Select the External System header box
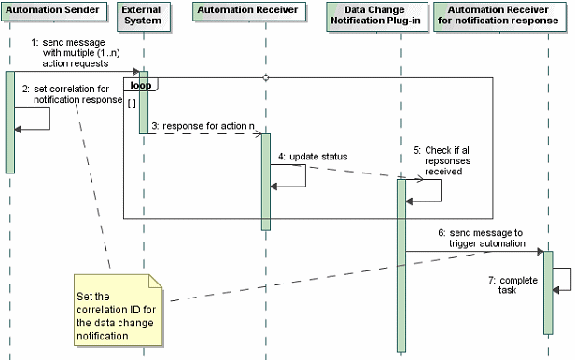pyautogui.click(x=143, y=15)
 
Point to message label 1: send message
pyautogui.click(x=80, y=53)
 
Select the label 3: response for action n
pyautogui.click(x=203, y=125)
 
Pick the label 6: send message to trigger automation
pyautogui.click(x=480, y=237)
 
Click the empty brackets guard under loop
pyautogui.click(x=133, y=104)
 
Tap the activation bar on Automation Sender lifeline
pyautogui.click(x=9, y=122)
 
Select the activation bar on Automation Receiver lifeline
pyautogui.click(x=266, y=181)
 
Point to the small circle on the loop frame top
pyautogui.click(x=266, y=77)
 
